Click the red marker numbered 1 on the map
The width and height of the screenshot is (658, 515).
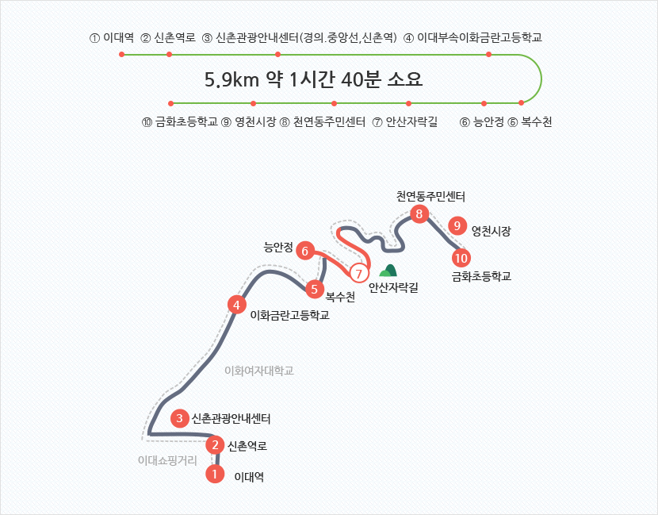pyautogui.click(x=214, y=474)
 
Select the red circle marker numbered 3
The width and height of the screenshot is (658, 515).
pyautogui.click(x=180, y=418)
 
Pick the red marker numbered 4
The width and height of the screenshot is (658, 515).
pyautogui.click(x=235, y=304)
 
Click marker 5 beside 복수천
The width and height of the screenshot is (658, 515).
pyautogui.click(x=315, y=290)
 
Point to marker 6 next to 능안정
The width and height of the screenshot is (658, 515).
pyautogui.click(x=305, y=252)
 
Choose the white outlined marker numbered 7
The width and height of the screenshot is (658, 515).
pyautogui.click(x=359, y=274)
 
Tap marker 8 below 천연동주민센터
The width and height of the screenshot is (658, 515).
pyautogui.click(x=419, y=213)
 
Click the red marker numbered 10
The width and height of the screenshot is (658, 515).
pyautogui.click(x=461, y=258)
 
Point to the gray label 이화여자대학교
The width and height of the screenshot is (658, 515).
pyautogui.click(x=258, y=371)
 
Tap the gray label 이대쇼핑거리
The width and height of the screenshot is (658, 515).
pyautogui.click(x=166, y=459)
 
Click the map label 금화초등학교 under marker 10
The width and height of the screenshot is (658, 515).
pyautogui.click(x=481, y=277)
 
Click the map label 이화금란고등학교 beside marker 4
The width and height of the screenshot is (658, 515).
pyautogui.click(x=289, y=315)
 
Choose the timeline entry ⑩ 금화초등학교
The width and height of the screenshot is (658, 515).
pyautogui.click(x=178, y=122)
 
